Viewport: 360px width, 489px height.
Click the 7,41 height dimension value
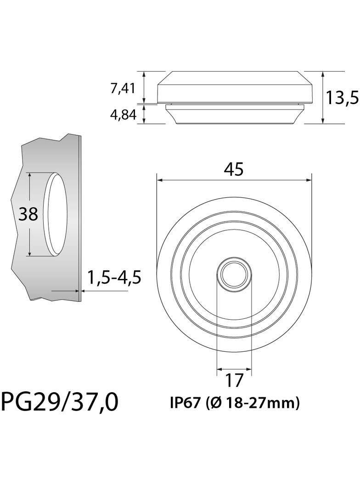pyautogui.click(x=123, y=88)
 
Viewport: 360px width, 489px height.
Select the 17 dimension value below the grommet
pyautogui.click(x=234, y=380)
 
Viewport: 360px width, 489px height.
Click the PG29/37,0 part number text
pyautogui.click(x=60, y=402)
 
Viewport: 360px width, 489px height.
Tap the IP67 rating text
pyautogui.click(x=185, y=403)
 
